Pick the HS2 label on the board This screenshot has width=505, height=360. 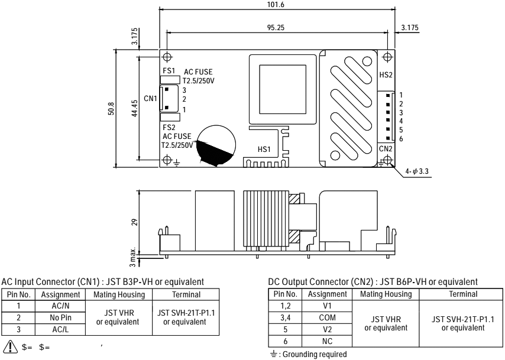coord(385,76)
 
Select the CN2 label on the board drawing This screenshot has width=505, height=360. coord(385,148)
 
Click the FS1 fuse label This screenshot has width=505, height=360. coord(169,69)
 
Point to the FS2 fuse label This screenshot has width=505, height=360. coord(169,127)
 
